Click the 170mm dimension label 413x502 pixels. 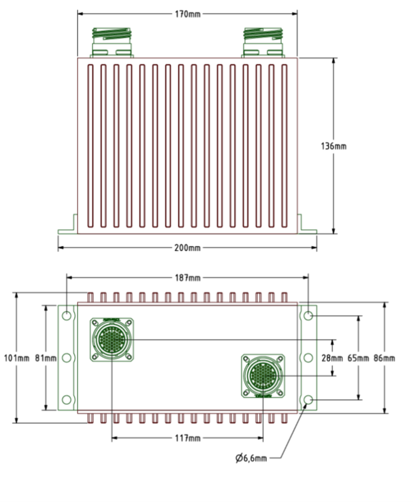click(188, 14)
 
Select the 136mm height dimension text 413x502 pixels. click(334, 145)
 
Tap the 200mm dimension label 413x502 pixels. click(188, 247)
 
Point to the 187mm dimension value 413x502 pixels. click(188, 278)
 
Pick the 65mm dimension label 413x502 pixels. click(358, 358)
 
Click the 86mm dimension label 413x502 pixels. click(384, 358)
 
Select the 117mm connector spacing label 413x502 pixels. click(188, 438)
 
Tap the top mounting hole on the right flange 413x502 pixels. click(308, 316)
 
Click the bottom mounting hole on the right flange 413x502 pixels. click(308, 400)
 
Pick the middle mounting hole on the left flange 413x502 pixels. click(67, 358)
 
